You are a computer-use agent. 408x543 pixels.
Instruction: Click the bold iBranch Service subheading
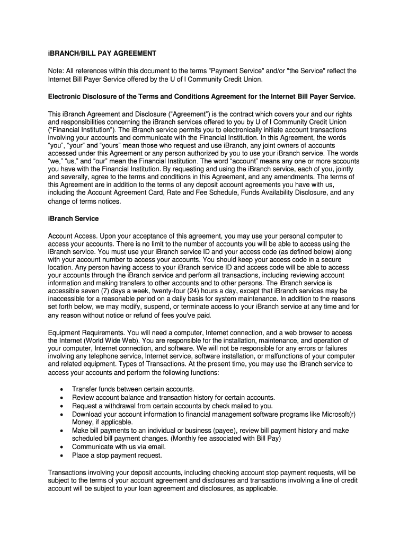73,218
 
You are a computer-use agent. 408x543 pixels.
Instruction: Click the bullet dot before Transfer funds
63,390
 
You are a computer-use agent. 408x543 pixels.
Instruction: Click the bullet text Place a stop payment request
117,455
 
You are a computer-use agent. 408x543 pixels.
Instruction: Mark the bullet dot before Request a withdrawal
63,406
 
